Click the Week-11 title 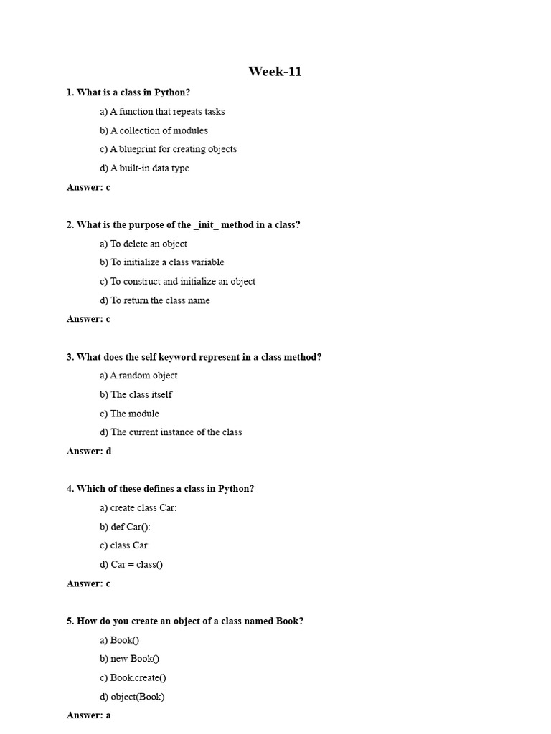275,72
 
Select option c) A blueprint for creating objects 168,149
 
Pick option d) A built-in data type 144,168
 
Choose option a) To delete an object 143,244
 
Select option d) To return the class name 155,300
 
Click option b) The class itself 136,395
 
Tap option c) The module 129,414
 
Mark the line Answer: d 89,452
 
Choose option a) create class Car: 138,508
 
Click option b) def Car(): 126,527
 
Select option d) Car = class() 131,565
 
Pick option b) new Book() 129,659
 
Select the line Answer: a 89,715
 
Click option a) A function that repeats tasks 162,112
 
